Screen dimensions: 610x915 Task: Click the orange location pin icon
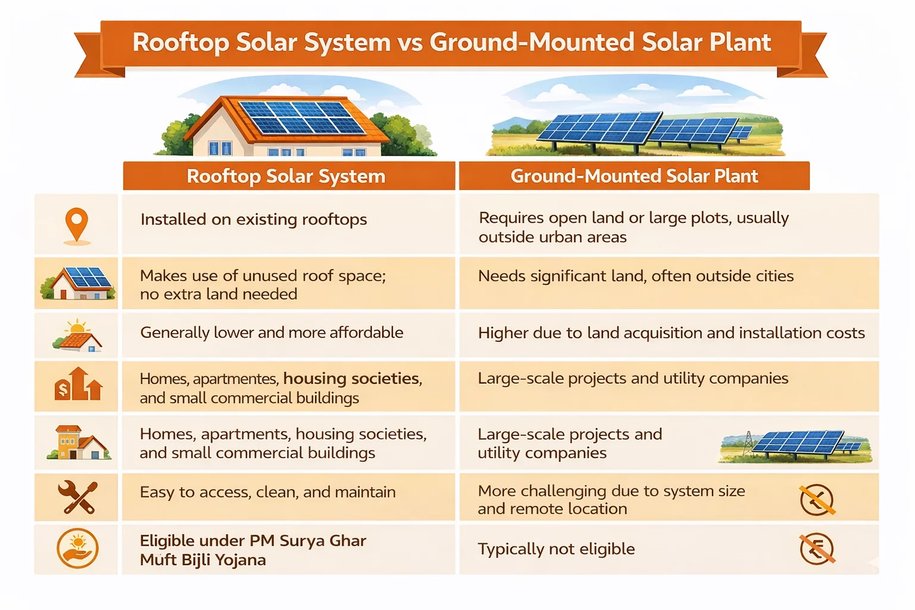point(76,225)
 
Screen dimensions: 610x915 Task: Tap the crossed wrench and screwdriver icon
point(77,497)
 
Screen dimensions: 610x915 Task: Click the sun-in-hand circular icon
point(77,549)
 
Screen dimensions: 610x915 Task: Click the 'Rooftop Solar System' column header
point(287,176)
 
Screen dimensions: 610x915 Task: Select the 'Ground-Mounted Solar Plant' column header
point(634,176)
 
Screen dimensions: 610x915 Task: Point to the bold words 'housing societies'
point(351,378)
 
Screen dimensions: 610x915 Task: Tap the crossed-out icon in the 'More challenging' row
point(817,500)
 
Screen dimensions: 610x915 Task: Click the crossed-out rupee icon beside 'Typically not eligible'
point(817,549)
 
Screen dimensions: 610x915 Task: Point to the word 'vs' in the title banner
point(409,43)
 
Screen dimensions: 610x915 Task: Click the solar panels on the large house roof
point(301,117)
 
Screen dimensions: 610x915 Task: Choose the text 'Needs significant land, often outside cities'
point(636,276)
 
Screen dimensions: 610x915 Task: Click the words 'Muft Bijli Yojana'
point(203,560)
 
